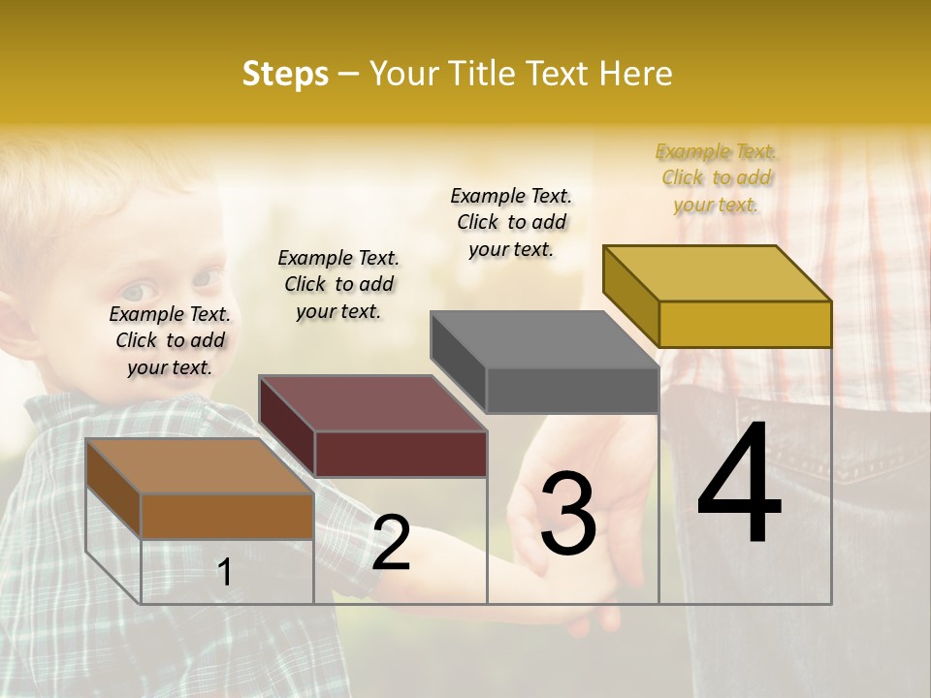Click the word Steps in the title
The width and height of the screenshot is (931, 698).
[x=285, y=74]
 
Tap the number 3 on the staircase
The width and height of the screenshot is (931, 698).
[x=567, y=514]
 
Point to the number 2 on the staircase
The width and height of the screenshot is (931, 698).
[x=391, y=543]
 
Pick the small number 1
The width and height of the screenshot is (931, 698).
[x=225, y=572]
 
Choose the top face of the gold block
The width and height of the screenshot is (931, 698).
[x=718, y=273]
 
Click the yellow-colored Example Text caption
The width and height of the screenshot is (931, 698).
[x=717, y=177]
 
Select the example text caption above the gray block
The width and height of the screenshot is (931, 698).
[x=511, y=222]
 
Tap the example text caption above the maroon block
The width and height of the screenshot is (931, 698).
[x=338, y=284]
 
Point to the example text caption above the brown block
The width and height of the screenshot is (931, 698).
[x=170, y=340]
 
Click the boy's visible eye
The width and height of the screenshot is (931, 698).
[x=137, y=291]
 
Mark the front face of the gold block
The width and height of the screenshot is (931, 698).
[x=745, y=324]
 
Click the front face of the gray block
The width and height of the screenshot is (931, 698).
[x=572, y=391]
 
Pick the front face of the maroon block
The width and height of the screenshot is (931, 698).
[x=401, y=454]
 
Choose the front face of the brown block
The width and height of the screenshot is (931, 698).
[x=227, y=516]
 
